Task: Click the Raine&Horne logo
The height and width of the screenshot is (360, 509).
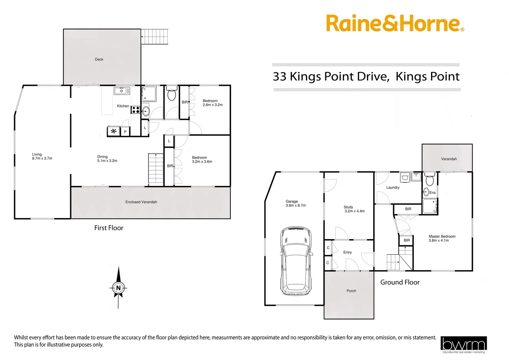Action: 395,23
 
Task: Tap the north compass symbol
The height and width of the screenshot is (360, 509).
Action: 118,287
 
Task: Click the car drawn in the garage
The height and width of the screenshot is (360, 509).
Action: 296,261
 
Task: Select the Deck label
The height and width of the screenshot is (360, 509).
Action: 99,59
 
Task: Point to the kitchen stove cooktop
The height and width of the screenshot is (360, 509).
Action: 135,109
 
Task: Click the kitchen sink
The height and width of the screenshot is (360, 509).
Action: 122,91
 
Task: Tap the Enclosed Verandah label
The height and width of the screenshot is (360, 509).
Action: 141,202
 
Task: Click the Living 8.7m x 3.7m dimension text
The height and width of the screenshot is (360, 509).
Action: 42,158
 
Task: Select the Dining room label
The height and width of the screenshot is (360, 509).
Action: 103,156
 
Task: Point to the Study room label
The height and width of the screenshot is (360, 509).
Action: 348,207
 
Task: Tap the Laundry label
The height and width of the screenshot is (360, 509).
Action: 393,187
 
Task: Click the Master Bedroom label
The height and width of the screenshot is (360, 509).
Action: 442,236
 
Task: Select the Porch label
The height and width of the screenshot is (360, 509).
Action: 351,291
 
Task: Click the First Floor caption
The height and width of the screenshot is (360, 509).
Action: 109,228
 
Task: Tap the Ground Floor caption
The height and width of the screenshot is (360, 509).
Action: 400,282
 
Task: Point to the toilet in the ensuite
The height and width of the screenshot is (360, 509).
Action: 430,180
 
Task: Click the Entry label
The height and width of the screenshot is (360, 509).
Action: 347,252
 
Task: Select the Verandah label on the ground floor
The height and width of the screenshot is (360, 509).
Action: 449,159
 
